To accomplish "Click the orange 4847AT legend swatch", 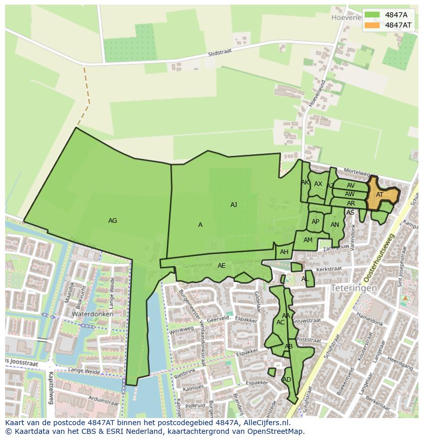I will [x=372, y=25].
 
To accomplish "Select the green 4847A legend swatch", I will [x=372, y=14].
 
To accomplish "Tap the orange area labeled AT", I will [x=380, y=195].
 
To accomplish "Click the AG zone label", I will [x=113, y=221].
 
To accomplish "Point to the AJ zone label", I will [x=233, y=205].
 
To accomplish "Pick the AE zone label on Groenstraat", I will [x=221, y=266].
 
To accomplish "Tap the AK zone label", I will [x=305, y=182].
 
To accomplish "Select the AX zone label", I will [x=318, y=184].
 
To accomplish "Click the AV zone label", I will [x=350, y=186].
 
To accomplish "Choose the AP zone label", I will [x=315, y=222].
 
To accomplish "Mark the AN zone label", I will [x=335, y=225].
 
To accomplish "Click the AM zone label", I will [x=308, y=240].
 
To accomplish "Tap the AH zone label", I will [x=284, y=252].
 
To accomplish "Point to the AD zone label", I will [x=287, y=380].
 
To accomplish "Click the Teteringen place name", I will [x=354, y=288].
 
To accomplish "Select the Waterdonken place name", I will [x=91, y=314].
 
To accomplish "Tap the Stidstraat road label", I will [x=220, y=53].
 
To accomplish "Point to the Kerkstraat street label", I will [x=328, y=268].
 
